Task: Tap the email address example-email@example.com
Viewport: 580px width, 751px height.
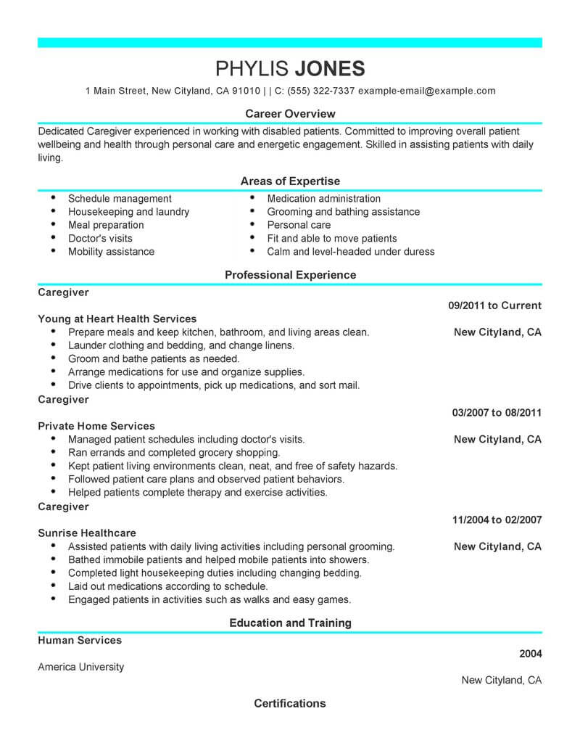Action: click(427, 91)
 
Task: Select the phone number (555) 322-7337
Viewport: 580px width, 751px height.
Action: click(319, 91)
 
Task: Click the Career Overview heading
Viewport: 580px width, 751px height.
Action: click(290, 113)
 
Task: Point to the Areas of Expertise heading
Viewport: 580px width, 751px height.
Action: click(290, 181)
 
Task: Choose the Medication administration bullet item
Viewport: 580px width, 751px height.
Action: click(323, 198)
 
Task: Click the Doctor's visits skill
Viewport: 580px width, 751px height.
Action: click(100, 238)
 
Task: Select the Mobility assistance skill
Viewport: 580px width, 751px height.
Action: click(111, 252)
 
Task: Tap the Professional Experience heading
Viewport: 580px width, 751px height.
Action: click(290, 275)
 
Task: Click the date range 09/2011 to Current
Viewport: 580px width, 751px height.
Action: click(494, 305)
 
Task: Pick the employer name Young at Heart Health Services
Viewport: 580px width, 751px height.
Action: click(117, 319)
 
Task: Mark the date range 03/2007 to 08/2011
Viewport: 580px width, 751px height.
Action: click(497, 413)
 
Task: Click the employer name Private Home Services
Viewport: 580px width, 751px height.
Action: click(96, 426)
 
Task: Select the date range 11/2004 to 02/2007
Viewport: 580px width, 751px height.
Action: click(497, 520)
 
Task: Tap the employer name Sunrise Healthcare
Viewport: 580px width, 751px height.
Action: click(87, 533)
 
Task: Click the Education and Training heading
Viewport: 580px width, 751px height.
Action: click(290, 623)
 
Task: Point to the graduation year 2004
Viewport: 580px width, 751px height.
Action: click(531, 653)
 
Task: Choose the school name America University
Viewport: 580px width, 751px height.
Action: click(81, 667)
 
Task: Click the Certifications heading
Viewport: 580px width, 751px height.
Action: click(290, 703)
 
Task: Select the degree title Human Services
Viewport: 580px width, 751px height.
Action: click(80, 640)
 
